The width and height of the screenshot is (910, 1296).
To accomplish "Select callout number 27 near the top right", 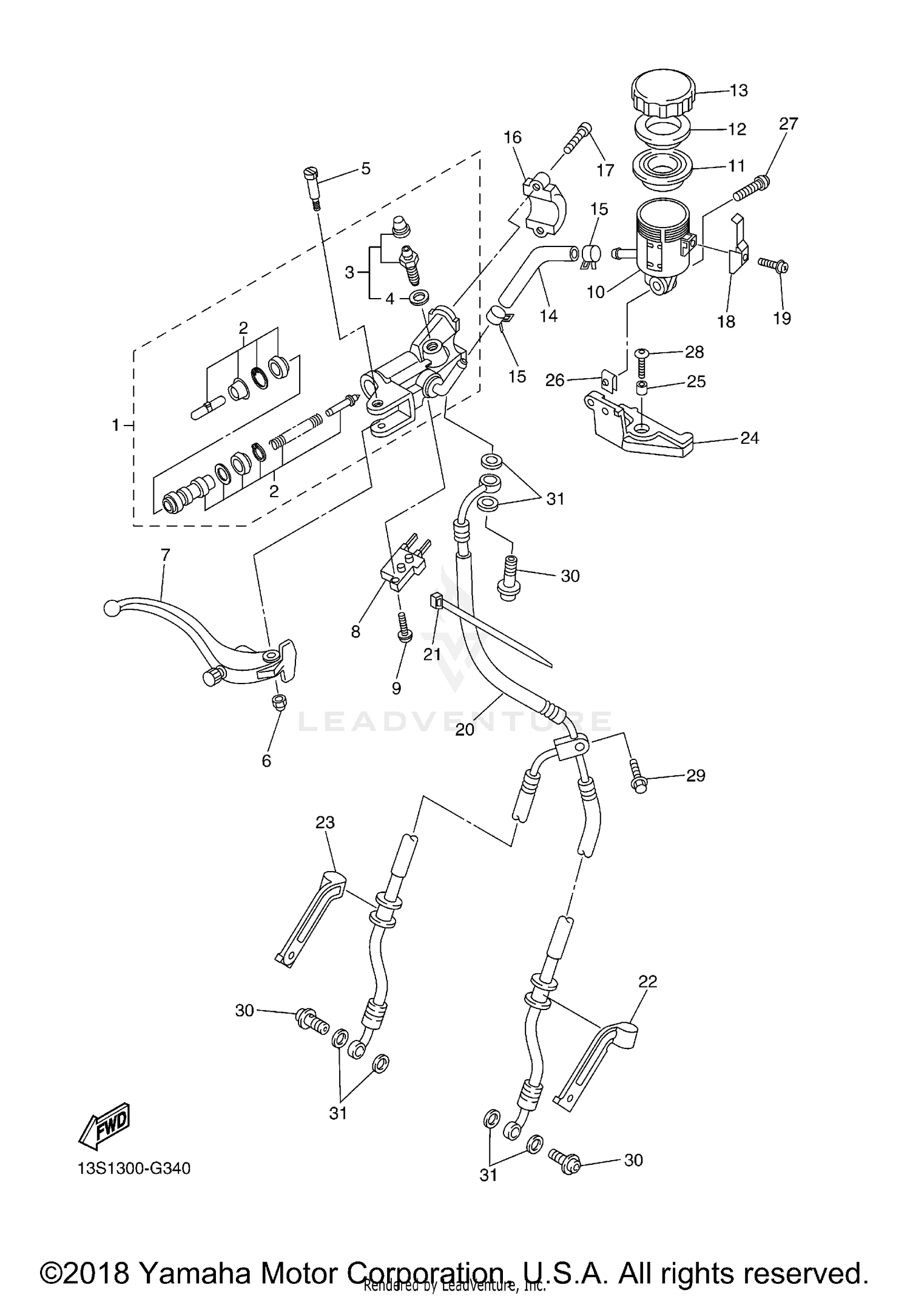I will [x=788, y=124].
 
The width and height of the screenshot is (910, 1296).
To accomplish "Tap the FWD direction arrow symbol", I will [x=104, y=1125].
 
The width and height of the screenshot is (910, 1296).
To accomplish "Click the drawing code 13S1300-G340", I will [x=134, y=1168].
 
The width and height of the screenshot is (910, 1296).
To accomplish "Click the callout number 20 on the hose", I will [x=464, y=730].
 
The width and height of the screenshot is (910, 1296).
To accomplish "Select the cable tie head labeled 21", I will [x=435, y=600].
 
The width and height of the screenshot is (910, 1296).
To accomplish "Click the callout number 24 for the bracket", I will [x=749, y=438].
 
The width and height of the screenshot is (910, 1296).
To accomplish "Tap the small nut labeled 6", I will [x=279, y=703].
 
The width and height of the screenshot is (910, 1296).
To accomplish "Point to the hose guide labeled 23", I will [x=309, y=917].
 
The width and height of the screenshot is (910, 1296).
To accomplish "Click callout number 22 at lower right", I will [x=648, y=981].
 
